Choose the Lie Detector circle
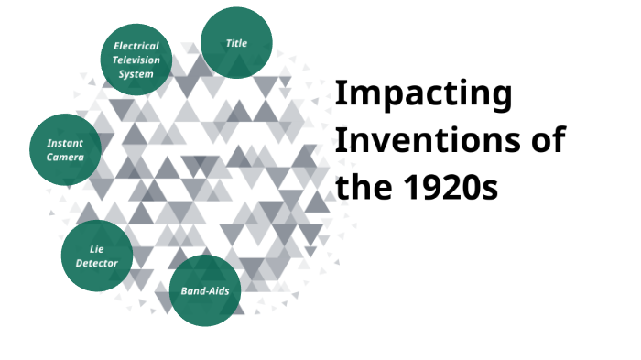(x=96, y=256)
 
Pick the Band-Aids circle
(x=205, y=290)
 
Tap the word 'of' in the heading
(x=543, y=141)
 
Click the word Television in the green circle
(x=136, y=60)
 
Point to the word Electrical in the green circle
(x=136, y=46)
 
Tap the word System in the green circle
(x=136, y=73)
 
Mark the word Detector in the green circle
(x=96, y=262)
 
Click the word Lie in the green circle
(x=96, y=248)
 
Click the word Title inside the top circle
(x=236, y=43)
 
